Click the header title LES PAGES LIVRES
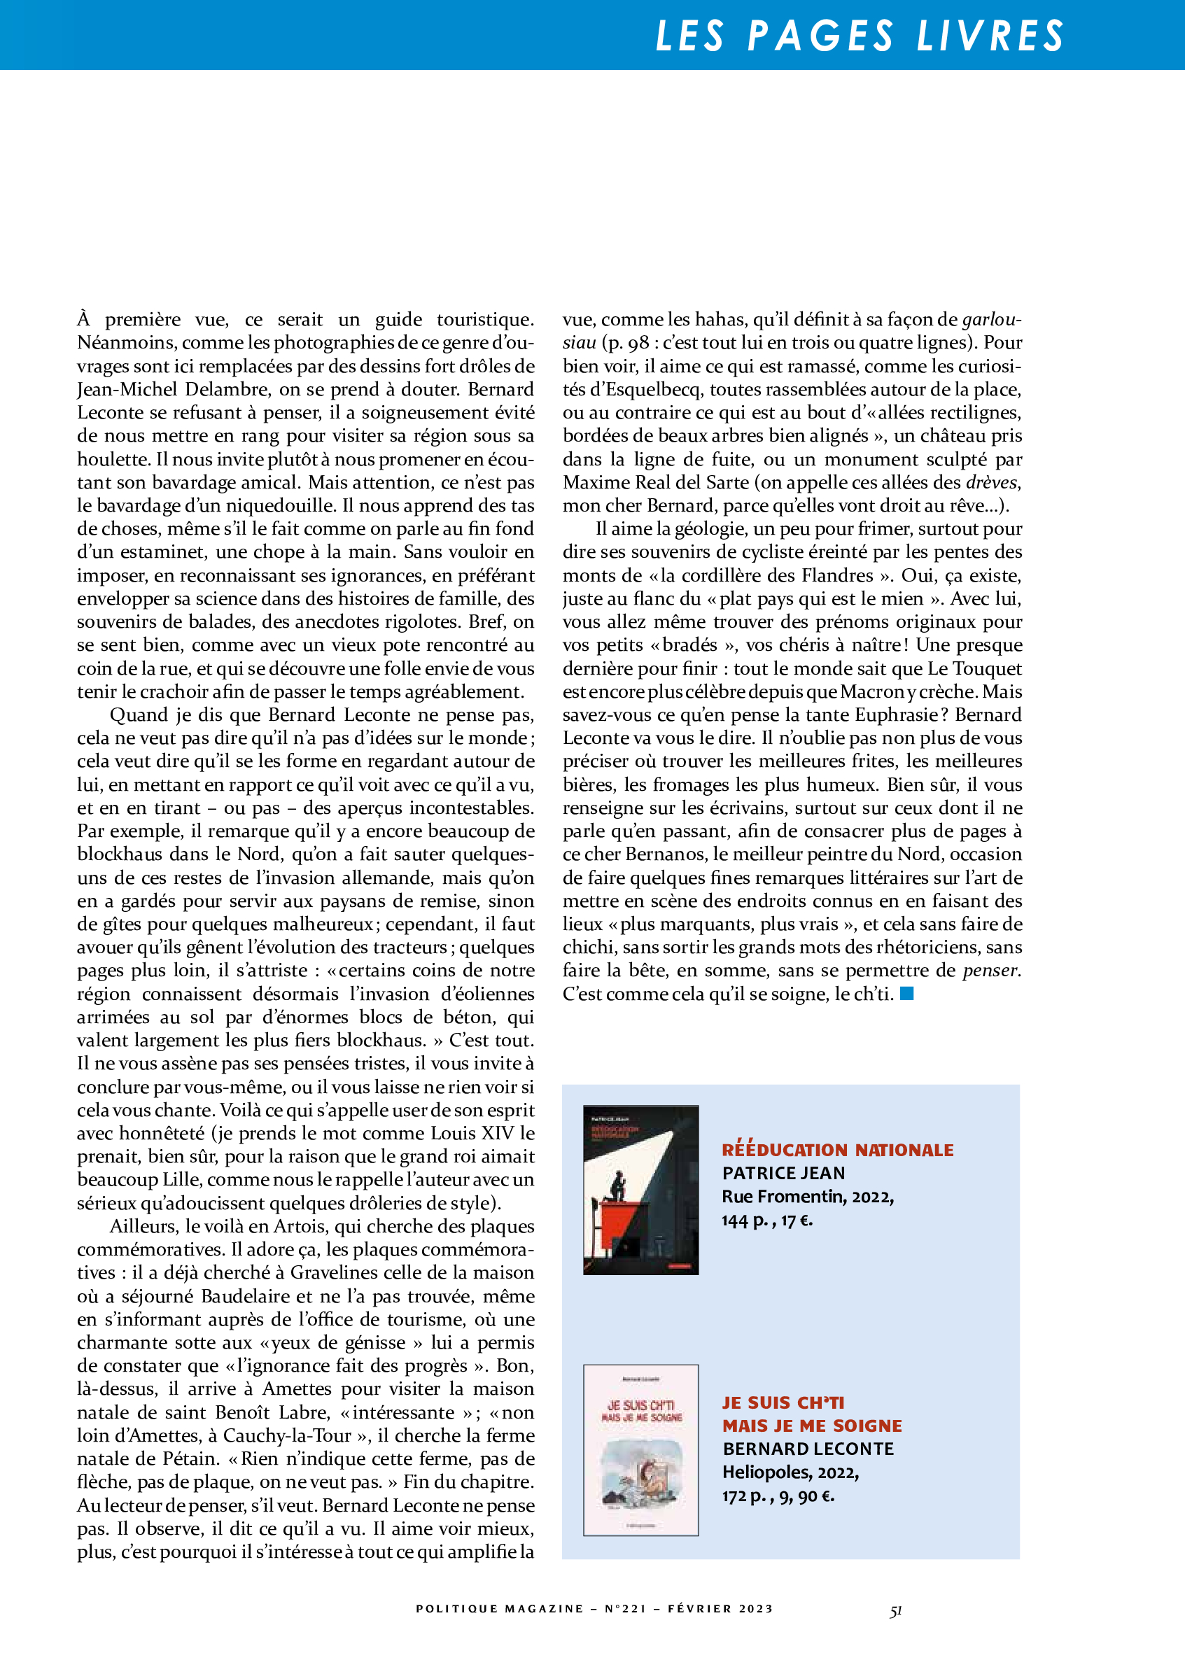(860, 36)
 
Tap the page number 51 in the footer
(896, 1612)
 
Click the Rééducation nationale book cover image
(640, 1190)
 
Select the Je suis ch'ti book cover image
(640, 1449)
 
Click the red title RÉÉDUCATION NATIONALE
(837, 1149)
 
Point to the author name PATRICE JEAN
(783, 1173)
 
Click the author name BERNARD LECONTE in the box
(808, 1448)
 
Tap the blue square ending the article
(906, 992)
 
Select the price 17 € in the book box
(797, 1220)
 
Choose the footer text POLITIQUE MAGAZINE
(499, 1608)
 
